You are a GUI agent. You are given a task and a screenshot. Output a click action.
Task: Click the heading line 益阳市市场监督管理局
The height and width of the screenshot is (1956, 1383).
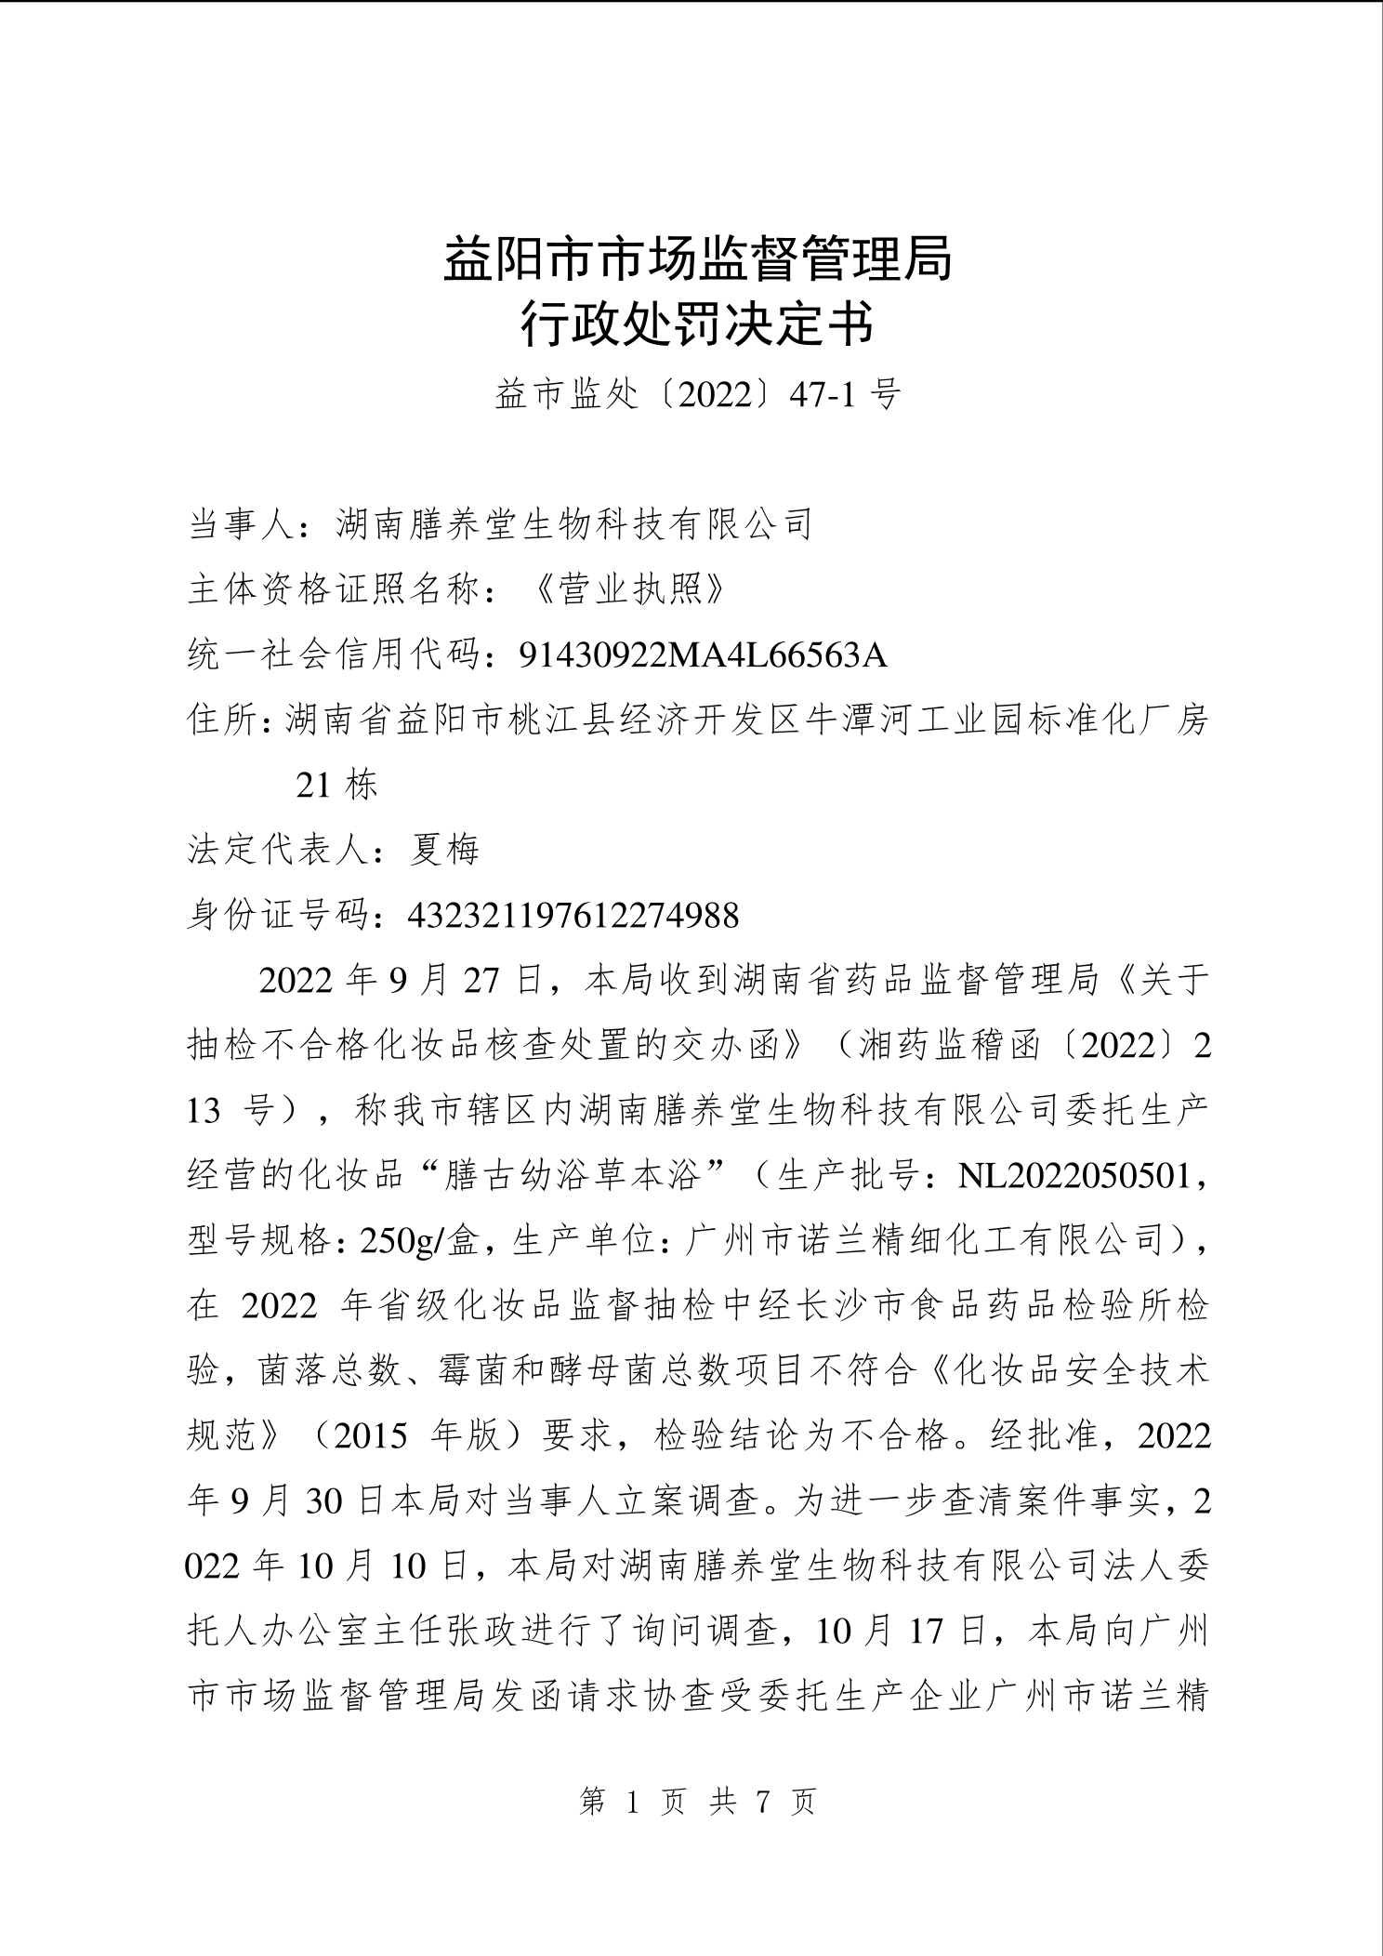coord(697,259)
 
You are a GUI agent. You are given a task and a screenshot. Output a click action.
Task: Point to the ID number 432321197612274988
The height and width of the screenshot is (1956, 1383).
coord(573,916)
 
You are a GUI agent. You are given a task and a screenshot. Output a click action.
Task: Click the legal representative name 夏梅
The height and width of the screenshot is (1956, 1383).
coord(445,850)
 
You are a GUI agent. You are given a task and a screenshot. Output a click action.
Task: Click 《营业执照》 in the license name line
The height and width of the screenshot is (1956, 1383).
coord(630,590)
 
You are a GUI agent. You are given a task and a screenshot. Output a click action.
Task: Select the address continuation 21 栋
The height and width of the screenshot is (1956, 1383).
coord(336,786)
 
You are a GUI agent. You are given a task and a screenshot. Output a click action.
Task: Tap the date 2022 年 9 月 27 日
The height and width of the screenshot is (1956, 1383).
coord(402,981)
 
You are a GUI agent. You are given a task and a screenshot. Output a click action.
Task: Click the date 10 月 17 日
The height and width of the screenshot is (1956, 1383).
coord(907,1632)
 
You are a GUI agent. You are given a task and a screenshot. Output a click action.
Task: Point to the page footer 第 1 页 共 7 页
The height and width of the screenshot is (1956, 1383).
coord(697,1803)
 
